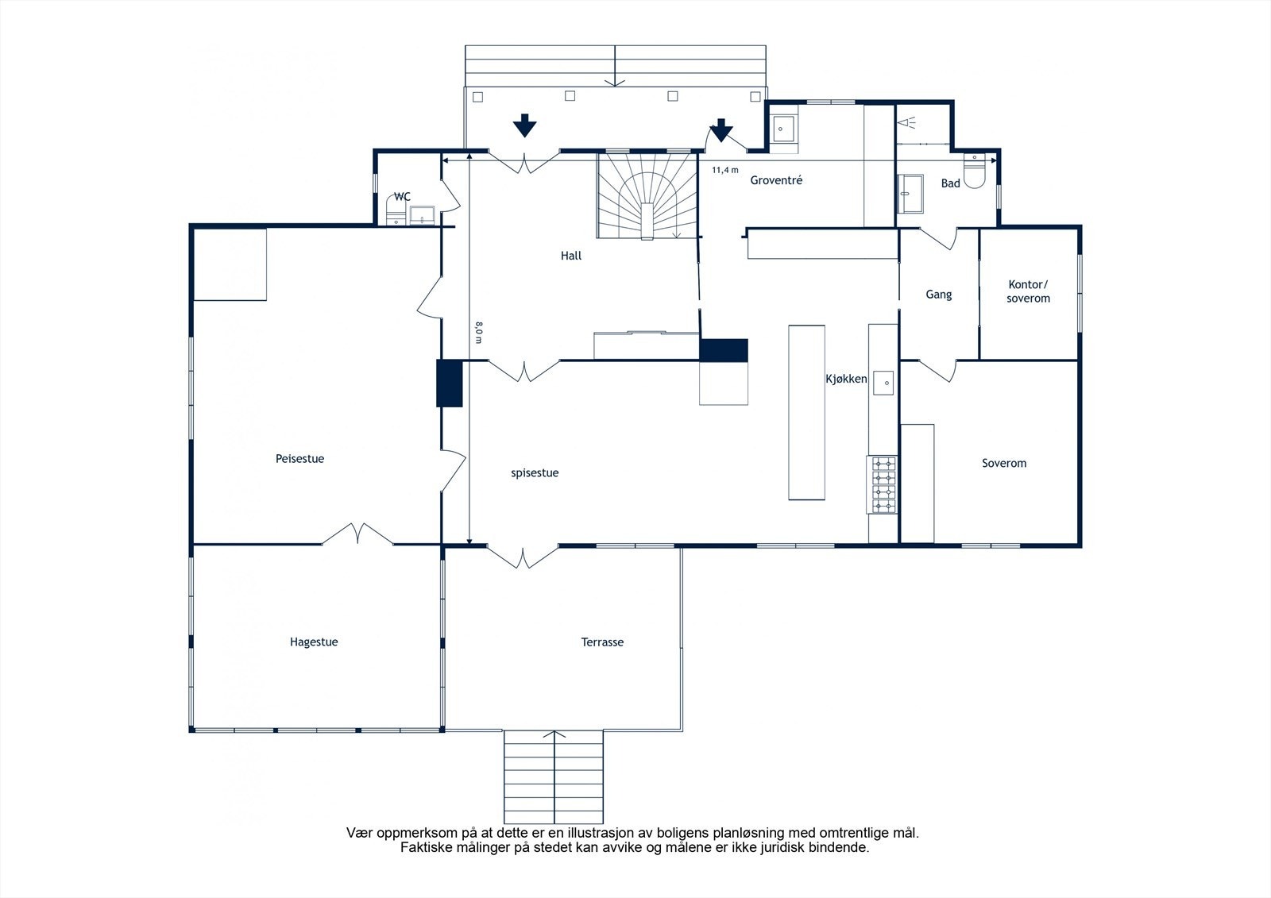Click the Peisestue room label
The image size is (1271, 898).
coord(299,458)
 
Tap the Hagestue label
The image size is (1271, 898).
coord(314,642)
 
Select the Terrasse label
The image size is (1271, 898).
coord(602,642)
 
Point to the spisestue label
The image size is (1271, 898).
coord(535,473)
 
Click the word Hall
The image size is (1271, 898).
coord(571,256)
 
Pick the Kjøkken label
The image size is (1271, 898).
coord(846,379)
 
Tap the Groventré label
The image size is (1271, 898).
coord(776,180)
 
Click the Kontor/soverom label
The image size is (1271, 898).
coord(1028,291)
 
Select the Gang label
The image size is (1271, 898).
coord(938,295)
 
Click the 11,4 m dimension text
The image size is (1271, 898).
coord(725,170)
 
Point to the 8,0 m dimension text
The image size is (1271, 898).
coord(479,333)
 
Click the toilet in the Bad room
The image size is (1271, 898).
coord(974,171)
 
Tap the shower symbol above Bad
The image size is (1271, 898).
coord(906,122)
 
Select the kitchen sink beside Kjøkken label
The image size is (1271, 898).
coord(883,383)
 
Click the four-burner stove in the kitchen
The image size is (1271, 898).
coord(883,485)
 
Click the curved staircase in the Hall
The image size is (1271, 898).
coord(647,195)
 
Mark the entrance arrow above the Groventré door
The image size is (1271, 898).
coord(721,130)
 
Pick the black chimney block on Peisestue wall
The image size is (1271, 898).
coord(450,383)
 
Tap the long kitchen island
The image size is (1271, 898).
coord(806,412)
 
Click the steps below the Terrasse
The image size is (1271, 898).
coord(553,777)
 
